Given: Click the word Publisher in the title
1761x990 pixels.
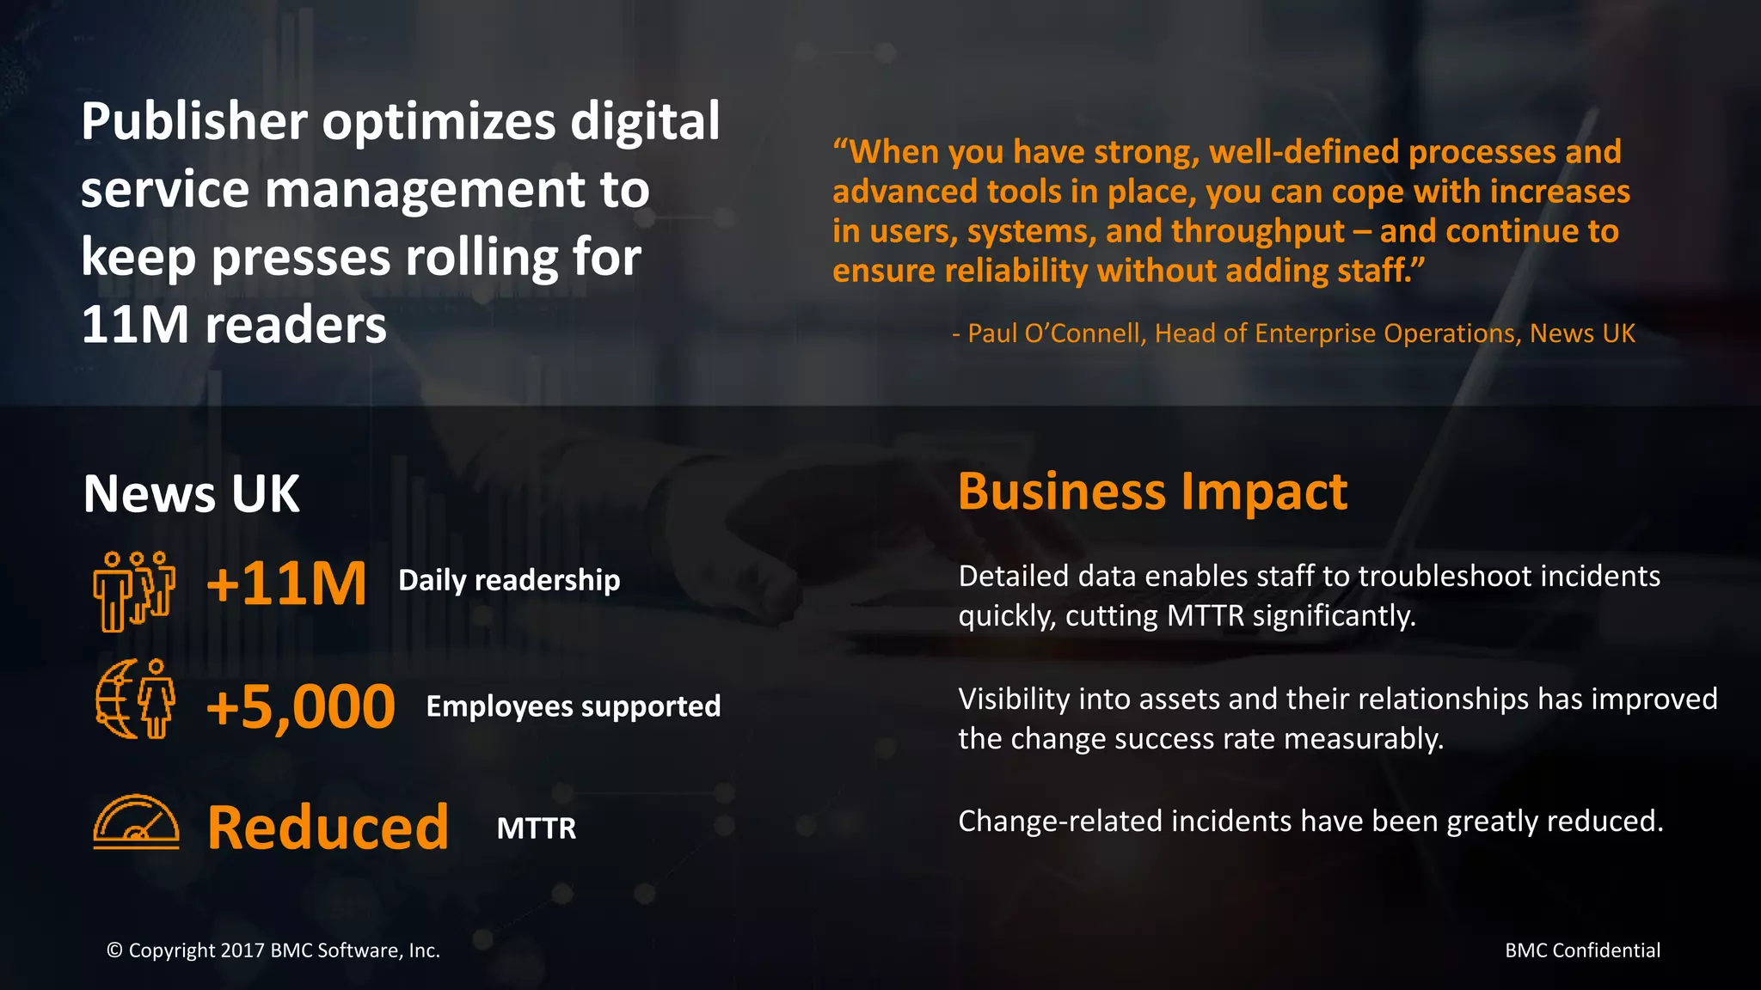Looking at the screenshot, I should pos(194,122).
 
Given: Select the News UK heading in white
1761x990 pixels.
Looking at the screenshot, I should pos(191,494).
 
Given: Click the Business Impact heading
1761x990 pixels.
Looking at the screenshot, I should pos(1152,492).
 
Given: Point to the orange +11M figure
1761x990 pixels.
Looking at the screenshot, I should pos(286,584).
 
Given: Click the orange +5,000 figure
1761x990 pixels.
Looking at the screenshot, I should pos(300,706).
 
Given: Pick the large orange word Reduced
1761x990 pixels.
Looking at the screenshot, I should pos(328,828).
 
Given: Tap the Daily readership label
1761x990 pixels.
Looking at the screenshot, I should pos(509,580).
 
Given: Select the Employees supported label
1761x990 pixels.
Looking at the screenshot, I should pos(574,706).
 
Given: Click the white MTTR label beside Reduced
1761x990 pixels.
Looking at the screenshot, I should pos(537,828).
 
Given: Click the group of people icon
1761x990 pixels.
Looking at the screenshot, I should pos(134,591).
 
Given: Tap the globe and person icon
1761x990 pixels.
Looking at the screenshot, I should pos(135,700).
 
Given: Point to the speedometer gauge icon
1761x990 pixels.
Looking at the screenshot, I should pos(136,822).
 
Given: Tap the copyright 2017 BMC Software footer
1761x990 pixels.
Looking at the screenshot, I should pos(273,950).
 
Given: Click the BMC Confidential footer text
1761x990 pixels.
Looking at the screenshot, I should pos(1582,950).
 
